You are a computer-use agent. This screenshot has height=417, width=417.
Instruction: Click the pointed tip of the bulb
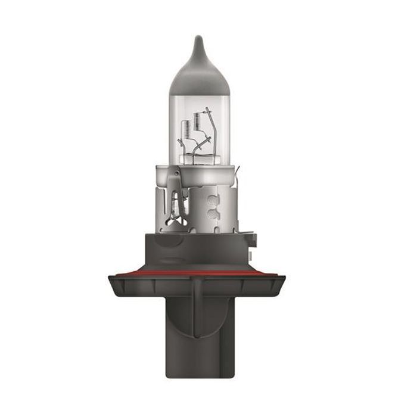(x=199, y=39)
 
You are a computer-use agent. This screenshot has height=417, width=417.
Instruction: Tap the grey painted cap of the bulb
(x=199, y=77)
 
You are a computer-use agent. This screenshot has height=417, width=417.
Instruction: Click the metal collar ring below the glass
(x=199, y=173)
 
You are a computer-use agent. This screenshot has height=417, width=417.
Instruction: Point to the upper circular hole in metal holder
(x=210, y=201)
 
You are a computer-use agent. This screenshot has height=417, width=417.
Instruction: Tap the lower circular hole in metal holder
(x=210, y=216)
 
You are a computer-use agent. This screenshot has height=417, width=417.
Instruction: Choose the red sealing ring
(x=197, y=273)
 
